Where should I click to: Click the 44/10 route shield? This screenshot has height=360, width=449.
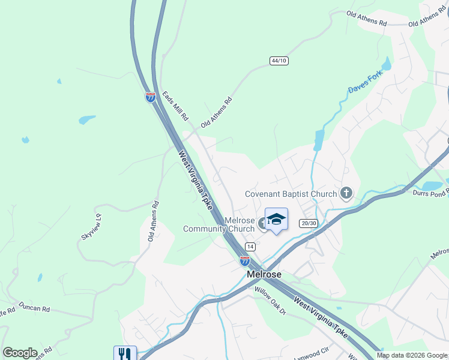[x=279, y=61]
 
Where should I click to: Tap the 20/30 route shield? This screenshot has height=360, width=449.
[x=309, y=223]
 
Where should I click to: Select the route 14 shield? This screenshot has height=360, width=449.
[x=250, y=247]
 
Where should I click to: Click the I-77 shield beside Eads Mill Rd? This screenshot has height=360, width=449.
[x=150, y=97]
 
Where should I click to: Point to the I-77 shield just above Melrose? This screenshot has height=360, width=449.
[x=245, y=260]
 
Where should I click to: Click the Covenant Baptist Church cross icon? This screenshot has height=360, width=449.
[x=346, y=193]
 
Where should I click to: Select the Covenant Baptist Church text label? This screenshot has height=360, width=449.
[x=291, y=194]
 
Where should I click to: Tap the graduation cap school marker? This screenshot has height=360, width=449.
[x=276, y=220]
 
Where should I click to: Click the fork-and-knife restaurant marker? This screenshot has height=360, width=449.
[x=125, y=353]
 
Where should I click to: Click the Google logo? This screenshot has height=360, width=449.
[x=20, y=353]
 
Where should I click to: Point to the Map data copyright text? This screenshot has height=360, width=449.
[x=411, y=355]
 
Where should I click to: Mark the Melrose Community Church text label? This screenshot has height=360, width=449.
[x=219, y=224]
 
